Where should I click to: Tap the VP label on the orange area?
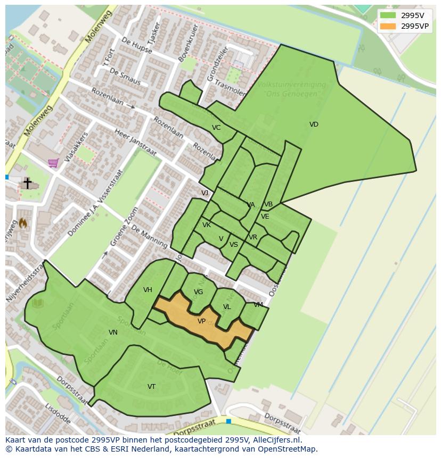coord(201,321)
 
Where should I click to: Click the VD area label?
coord(314,124)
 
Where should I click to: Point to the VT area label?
coord(151,387)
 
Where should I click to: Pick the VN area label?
coord(113,332)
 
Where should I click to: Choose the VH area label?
coord(148,290)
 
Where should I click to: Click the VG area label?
coord(198,292)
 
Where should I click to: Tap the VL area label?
coord(227,307)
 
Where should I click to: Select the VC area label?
coord(216,128)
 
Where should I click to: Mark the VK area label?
coord(207,225)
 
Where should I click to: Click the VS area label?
coord(234,245)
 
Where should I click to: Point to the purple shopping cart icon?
coord(53,163)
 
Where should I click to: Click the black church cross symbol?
coord(27,183)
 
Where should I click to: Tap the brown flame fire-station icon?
coord(23,223)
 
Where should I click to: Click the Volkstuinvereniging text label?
coord(291,85)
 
